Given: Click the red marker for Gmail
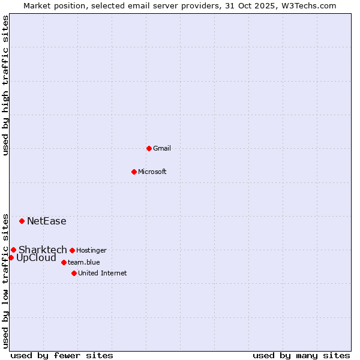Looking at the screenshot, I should tap(149, 148).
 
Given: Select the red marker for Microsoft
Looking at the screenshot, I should tap(134, 172).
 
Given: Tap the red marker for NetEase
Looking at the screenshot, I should tap(22, 221).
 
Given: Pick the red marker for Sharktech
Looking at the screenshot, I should tap(13, 250).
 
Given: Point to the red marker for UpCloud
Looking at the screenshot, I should tap(11, 257).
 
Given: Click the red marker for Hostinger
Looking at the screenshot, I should tap(72, 250).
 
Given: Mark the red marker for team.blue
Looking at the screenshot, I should tap(64, 262).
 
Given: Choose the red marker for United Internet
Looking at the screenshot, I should tap(74, 273).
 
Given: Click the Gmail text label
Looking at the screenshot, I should tap(162, 148).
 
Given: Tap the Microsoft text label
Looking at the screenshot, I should tap(152, 172).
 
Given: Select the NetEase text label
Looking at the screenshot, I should tap(47, 221).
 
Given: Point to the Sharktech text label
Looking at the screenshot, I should tap(43, 250).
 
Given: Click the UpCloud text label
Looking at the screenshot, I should tap(36, 258).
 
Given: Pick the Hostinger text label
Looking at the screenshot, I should tap(91, 250).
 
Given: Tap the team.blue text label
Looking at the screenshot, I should tap(84, 262).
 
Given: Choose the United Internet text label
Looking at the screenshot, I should tap(103, 273).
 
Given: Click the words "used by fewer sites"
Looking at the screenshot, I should tap(62, 355).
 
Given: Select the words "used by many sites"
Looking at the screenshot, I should tap(301, 355).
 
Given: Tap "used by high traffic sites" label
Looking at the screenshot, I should tap(6, 85).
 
